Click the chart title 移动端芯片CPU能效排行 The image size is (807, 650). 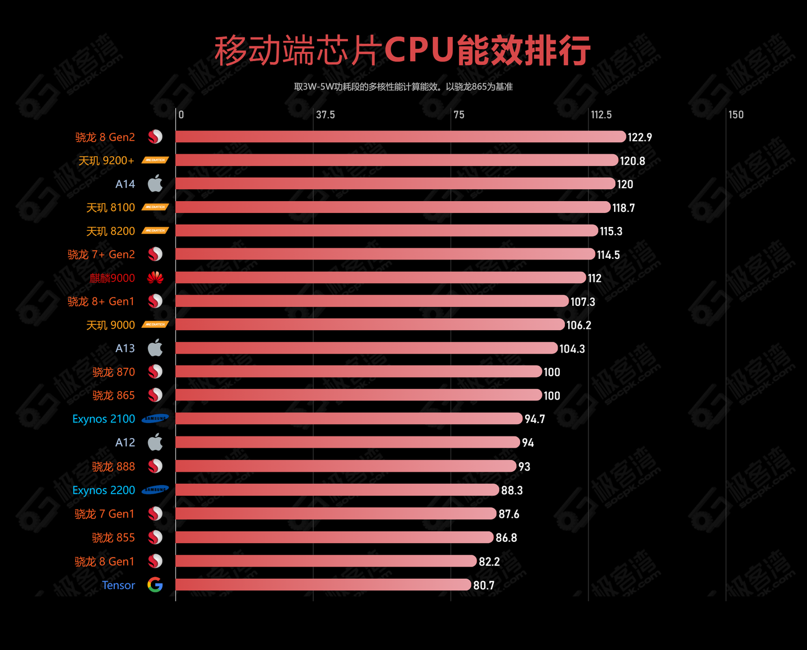tap(402, 50)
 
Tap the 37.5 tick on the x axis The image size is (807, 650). tap(325, 115)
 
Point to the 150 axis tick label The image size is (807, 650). tap(736, 115)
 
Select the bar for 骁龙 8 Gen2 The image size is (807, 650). tap(400, 137)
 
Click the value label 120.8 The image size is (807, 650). tap(632, 161)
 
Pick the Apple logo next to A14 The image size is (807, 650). tap(155, 183)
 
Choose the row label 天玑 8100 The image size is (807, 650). tap(110, 208)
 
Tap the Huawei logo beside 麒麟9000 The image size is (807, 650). tap(155, 277)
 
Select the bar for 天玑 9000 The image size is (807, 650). tap(370, 324)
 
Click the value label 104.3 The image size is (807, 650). tap(572, 349)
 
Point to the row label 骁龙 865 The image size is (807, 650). tap(113, 396)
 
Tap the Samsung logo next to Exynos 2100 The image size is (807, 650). tap(155, 419)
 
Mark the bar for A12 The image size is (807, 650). tap(347, 442)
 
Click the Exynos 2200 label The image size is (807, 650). tap(104, 490)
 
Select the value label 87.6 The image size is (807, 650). tap(509, 514)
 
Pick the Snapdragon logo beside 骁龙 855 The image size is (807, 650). tap(155, 537)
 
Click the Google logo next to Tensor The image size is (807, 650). tap(155, 585)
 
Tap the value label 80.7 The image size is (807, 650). tap(484, 586)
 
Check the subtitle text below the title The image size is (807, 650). tap(403, 87)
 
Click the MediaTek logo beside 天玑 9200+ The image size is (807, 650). tap(155, 160)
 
